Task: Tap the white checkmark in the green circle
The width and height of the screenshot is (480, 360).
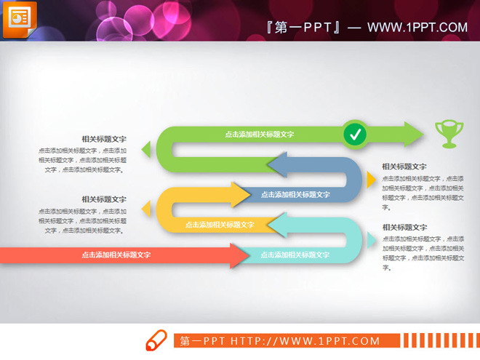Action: click(355, 134)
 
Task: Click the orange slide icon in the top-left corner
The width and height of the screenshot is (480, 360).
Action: click(21, 19)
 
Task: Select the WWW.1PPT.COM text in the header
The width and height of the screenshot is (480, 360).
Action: click(417, 28)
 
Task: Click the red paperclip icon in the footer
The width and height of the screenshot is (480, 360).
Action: click(156, 341)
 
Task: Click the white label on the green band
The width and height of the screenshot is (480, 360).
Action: click(259, 134)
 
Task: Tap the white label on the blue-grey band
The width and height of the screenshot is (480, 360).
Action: click(295, 194)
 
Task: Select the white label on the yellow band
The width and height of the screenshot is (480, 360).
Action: click(220, 225)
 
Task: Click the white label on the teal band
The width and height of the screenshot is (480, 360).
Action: click(295, 255)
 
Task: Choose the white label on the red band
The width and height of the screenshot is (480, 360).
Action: click(116, 255)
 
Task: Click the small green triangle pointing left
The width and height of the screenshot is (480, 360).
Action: click(146, 150)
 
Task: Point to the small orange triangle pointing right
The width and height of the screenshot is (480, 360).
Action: click(371, 180)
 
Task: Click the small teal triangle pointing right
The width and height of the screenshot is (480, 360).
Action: click(371, 239)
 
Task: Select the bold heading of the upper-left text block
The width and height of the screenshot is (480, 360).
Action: click(104, 138)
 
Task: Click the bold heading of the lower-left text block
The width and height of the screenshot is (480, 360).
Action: click(104, 199)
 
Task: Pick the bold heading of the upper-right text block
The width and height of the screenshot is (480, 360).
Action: click(404, 167)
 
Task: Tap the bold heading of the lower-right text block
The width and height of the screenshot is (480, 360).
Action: click(404, 227)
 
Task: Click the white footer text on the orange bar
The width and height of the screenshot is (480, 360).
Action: click(280, 340)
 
